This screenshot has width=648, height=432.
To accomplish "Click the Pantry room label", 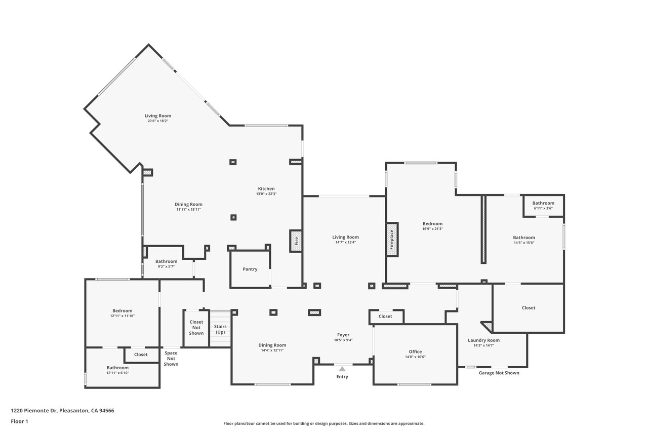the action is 250,269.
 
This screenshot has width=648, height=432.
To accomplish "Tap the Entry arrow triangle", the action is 342,369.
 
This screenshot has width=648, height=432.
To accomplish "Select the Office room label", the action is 415,351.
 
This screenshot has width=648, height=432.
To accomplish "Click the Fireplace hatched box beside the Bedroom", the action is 392,240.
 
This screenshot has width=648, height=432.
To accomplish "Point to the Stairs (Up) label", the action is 220,329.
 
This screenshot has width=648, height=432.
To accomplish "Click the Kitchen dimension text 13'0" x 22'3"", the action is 266,194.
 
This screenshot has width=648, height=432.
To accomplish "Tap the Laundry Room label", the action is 483,340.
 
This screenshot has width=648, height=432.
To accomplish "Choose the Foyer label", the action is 343,335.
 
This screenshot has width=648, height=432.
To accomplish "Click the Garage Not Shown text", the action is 499,373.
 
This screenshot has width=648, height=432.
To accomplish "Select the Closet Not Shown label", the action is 196,328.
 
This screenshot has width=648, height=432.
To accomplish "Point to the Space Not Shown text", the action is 171,359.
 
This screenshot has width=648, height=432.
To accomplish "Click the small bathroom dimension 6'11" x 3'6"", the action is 543,208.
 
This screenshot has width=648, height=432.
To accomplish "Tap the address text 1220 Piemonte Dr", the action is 34,411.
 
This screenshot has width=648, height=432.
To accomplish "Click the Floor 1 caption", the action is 19,421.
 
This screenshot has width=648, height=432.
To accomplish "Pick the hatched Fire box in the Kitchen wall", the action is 296,241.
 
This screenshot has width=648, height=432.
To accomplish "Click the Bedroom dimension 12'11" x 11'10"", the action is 123,316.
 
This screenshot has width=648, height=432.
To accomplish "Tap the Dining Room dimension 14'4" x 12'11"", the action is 272,350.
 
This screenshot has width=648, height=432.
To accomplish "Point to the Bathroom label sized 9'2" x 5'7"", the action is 167,261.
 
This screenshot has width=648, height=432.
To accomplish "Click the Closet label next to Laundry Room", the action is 529,308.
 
